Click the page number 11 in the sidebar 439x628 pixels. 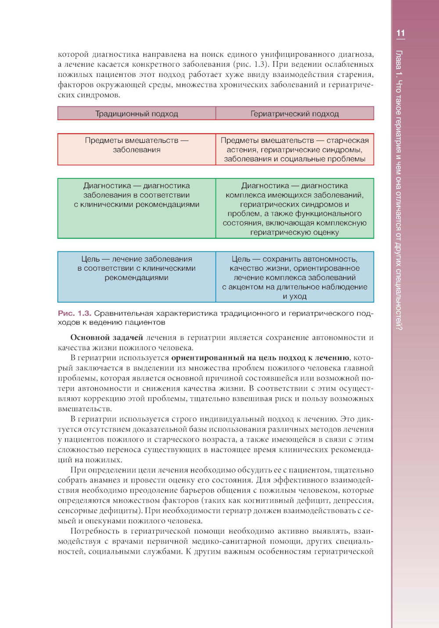click(400, 33)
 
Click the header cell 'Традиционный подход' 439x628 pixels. click(137, 114)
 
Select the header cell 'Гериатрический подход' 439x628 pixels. click(295, 114)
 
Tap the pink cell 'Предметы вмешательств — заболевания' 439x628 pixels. click(137, 149)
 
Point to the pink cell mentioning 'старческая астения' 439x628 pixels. click(295, 149)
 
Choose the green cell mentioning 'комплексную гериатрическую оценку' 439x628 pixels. click(295, 209)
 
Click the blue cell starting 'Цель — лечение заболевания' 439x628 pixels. click(137, 276)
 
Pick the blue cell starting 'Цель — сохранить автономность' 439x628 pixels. click(295, 277)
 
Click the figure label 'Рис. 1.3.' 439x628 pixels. click(75, 313)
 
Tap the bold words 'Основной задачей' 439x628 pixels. click(107, 338)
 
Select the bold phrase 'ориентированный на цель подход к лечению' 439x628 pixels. click(260, 358)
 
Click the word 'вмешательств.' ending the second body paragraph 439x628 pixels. click(85, 409)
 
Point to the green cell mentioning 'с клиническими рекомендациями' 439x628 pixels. click(137, 209)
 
